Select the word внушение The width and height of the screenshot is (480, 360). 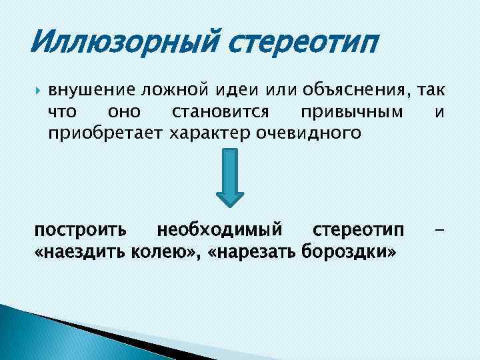click(91, 90)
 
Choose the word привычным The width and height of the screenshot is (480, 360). click(353, 111)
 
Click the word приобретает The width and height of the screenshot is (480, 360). click(104, 133)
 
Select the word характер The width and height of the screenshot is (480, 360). click(209, 133)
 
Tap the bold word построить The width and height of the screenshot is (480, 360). click(79, 231)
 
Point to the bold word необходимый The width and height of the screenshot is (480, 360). click(220, 231)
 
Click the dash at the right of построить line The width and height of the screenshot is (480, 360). click(439, 231)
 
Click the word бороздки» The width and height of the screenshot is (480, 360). click(349, 253)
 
